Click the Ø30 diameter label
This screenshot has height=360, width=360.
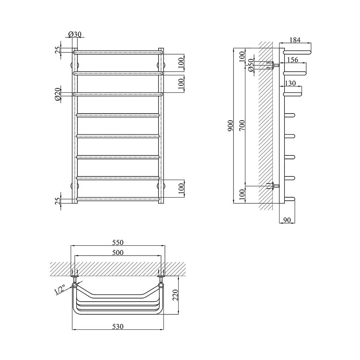(x=75, y=34)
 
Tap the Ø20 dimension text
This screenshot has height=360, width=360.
(x=58, y=94)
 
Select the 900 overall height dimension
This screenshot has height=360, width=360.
(x=230, y=126)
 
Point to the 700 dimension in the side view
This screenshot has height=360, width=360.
(x=242, y=126)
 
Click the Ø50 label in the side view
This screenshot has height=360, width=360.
(x=251, y=65)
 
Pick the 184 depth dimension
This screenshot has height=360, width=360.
(x=295, y=40)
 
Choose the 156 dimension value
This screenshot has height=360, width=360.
(x=293, y=60)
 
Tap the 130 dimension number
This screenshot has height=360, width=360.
(x=290, y=83)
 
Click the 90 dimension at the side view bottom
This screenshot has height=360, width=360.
(x=287, y=220)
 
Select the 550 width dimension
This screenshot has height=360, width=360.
(x=118, y=243)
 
